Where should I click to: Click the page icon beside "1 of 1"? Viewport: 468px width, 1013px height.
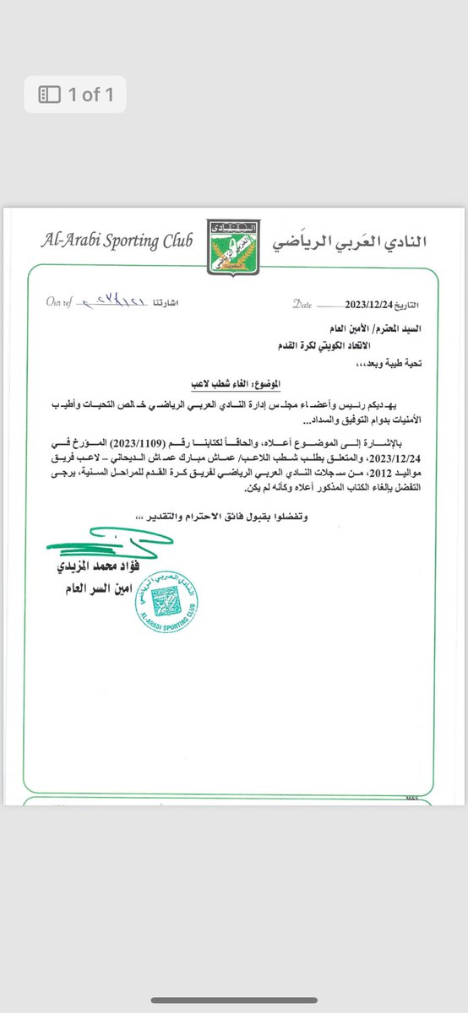(50, 95)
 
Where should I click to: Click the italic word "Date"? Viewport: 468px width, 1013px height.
(303, 302)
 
